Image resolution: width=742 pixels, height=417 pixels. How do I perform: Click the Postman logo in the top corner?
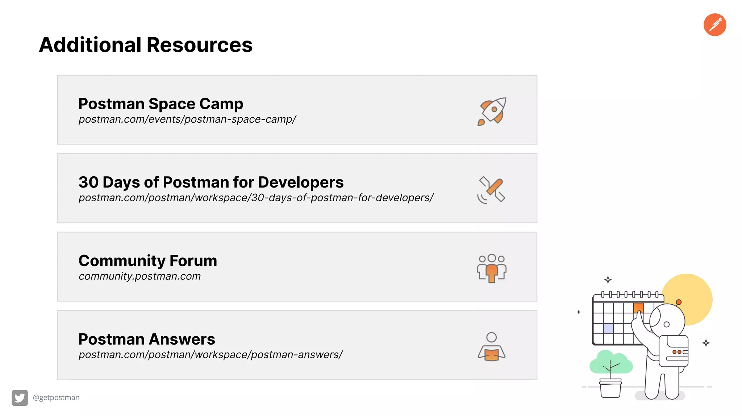[x=714, y=25]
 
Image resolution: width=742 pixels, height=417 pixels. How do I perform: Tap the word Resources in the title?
[x=199, y=45]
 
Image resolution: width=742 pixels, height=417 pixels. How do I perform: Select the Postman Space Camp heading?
[x=161, y=104]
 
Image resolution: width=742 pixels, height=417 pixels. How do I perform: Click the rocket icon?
[x=492, y=111]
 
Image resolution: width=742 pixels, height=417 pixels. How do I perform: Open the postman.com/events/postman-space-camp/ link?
[x=187, y=119]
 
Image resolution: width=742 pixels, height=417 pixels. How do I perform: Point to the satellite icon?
[x=491, y=190]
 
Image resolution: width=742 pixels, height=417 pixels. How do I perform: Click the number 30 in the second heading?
[x=88, y=182]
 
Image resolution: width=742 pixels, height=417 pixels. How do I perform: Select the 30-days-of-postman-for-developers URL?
[x=256, y=198]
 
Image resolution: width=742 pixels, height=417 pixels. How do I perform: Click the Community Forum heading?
[x=147, y=261]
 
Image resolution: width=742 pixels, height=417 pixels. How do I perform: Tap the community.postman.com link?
[x=139, y=276]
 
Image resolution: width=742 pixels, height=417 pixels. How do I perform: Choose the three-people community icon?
[x=491, y=268]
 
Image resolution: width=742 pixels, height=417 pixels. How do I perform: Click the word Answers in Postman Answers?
[x=183, y=339]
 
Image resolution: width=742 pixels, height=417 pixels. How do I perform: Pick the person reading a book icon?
[x=491, y=347]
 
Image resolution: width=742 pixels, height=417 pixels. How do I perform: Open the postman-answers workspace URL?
[x=210, y=355]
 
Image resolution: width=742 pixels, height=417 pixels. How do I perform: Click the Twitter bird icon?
[x=20, y=398]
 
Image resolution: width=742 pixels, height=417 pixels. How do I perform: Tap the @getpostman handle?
[x=56, y=397]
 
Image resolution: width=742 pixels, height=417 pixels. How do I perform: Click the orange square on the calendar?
[x=638, y=308]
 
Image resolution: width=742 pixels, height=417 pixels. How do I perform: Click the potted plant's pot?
[x=610, y=389]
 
